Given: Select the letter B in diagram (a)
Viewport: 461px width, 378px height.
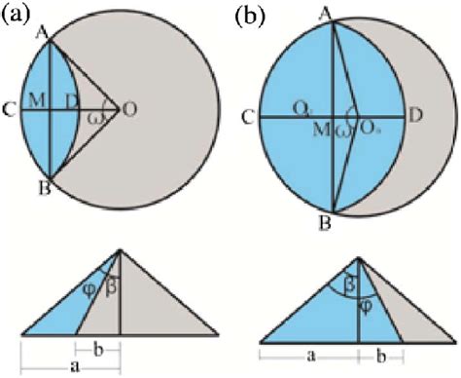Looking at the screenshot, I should (41, 186).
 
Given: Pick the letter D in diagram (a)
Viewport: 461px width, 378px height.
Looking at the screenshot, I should (70, 101).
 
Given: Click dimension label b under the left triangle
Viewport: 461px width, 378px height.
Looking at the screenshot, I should (98, 349).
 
